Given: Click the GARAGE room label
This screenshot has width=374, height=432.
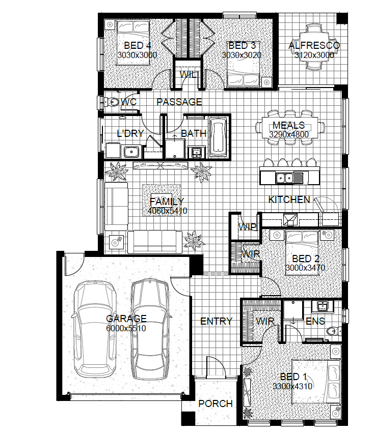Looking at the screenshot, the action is (x=126, y=319).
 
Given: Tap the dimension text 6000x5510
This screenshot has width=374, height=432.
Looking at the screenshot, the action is (x=126, y=328).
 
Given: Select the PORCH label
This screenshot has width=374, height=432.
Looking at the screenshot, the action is (x=216, y=404).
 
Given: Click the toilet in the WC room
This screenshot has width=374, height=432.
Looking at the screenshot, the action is (x=111, y=102).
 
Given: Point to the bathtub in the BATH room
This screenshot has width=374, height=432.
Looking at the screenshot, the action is (x=218, y=137).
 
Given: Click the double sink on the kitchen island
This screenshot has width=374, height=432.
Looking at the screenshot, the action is (x=285, y=178).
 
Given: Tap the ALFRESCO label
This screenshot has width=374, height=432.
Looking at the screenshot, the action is (x=314, y=45).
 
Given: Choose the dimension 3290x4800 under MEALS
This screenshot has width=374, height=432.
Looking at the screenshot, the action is (x=289, y=134).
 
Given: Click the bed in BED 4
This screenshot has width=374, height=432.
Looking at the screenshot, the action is (x=133, y=42).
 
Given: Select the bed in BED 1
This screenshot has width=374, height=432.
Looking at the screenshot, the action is (x=316, y=382).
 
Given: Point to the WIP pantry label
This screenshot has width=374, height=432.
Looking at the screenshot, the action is (x=247, y=227).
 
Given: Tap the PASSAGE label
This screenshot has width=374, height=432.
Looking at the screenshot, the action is (x=179, y=102).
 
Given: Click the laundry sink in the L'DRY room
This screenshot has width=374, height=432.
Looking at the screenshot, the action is (x=131, y=152).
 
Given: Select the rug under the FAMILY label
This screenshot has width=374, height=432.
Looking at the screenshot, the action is (x=162, y=200).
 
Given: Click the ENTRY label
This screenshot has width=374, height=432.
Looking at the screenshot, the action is (x=216, y=321).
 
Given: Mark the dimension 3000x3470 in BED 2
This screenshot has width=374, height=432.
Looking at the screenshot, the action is (x=305, y=268).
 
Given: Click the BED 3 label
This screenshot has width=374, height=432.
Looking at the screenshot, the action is (x=242, y=45).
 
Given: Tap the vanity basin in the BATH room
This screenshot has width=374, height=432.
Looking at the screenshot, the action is (x=196, y=152).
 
